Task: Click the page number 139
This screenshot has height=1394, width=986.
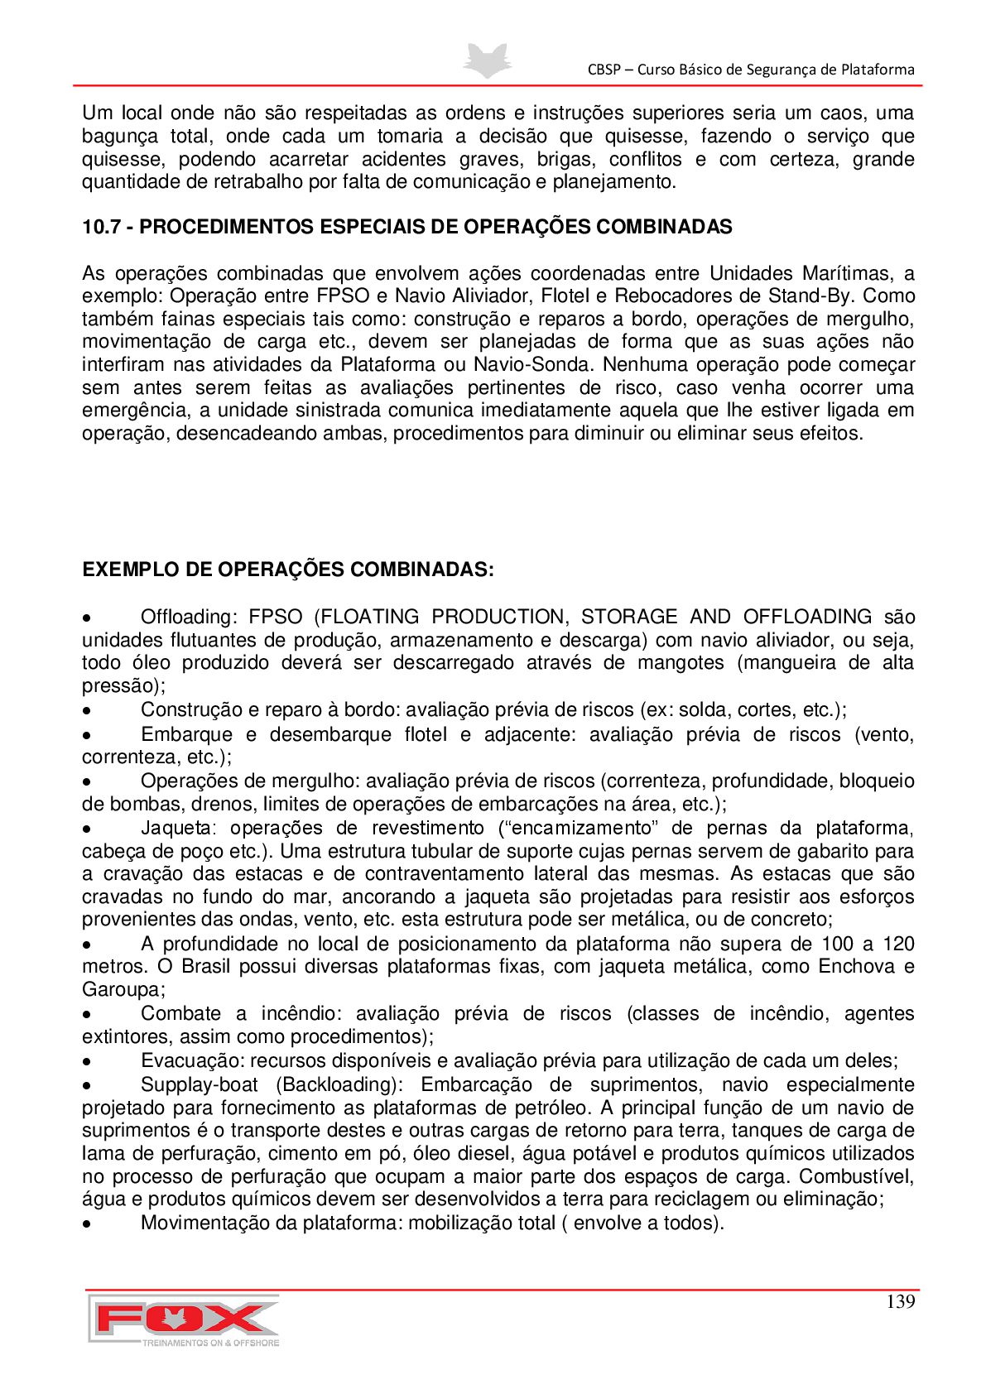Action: [900, 1301]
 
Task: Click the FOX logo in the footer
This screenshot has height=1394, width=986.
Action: [184, 1319]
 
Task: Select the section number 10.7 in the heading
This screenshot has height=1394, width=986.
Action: [101, 227]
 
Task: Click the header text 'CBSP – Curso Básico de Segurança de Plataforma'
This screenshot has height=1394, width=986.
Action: [751, 70]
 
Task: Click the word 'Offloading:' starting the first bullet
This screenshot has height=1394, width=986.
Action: [189, 617]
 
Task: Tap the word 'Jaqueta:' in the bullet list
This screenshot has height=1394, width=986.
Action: [178, 828]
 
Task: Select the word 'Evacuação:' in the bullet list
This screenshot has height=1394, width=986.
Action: [192, 1060]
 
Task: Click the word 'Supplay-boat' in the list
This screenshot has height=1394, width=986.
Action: [199, 1084]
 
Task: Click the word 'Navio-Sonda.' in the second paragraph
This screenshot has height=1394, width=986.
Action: [534, 364]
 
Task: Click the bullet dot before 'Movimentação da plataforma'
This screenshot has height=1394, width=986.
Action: [86, 1224]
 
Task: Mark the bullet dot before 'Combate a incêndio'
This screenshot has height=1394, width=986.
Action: [86, 1015]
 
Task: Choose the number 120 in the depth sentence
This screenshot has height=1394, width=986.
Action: [898, 944]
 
